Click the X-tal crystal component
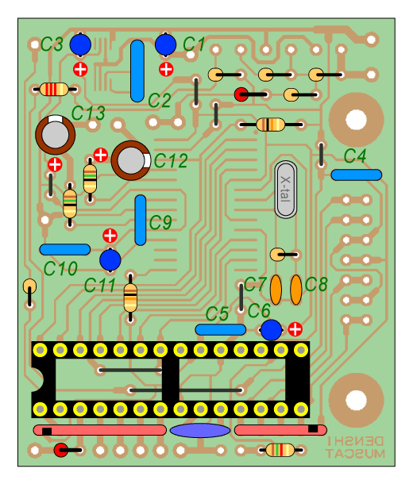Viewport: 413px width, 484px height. pyautogui.click(x=285, y=189)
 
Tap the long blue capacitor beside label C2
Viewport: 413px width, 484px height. pyautogui.click(x=137, y=71)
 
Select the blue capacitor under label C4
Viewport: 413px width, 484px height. pyautogui.click(x=356, y=175)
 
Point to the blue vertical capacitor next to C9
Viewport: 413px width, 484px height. pyautogui.click(x=141, y=220)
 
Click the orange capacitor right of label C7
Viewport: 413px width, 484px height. pyautogui.click(x=276, y=290)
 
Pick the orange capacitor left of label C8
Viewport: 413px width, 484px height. pyautogui.click(x=295, y=290)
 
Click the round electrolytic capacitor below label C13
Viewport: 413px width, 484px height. pyautogui.click(x=56, y=135)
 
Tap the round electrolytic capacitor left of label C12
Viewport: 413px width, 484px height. pyautogui.click(x=131, y=160)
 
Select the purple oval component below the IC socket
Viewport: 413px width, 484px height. pyautogui.click(x=200, y=430)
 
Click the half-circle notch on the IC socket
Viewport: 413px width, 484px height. pyautogui.click(x=37, y=379)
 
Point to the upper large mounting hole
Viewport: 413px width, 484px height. pyautogui.click(x=356, y=120)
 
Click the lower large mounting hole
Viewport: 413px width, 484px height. pyautogui.click(x=356, y=400)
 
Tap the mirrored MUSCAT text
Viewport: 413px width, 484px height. pyautogui.click(x=355, y=453)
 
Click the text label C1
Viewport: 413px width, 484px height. pyautogui.click(x=194, y=44)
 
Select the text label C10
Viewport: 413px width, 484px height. pyautogui.click(x=60, y=268)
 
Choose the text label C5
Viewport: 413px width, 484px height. pyautogui.click(x=217, y=314)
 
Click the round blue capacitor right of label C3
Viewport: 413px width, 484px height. pyautogui.click(x=80, y=44)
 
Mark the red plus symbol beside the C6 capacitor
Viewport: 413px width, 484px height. pyautogui.click(x=295, y=329)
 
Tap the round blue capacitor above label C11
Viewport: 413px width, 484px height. pyautogui.click(x=110, y=260)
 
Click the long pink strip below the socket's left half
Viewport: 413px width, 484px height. pyautogui.click(x=100, y=430)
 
